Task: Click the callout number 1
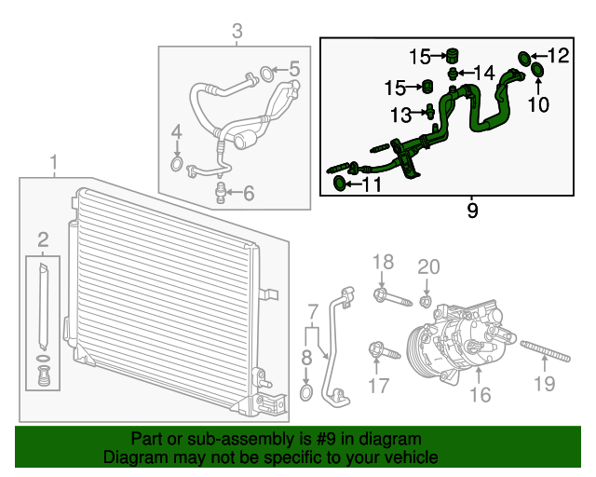coord(53,164)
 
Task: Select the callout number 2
coord(43,241)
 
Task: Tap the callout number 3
coord(237,33)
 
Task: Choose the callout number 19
coord(544,383)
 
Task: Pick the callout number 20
coord(427,266)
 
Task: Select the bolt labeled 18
coord(390,298)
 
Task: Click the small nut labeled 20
coord(426,300)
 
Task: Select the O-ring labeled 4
coord(176,166)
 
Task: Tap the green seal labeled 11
coord(340,184)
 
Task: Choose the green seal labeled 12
coord(524,59)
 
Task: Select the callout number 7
coord(313,309)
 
